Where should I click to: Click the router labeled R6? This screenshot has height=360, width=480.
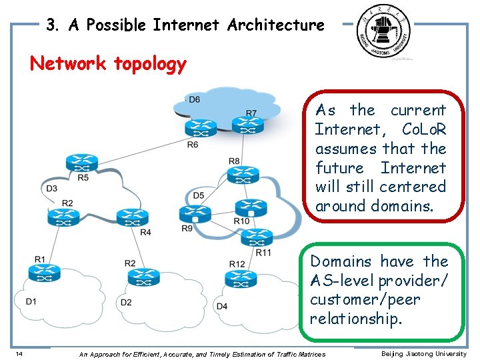tap(197, 127)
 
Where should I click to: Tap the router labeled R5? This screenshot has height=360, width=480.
tap(82, 162)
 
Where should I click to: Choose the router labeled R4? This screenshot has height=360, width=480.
tap(132, 217)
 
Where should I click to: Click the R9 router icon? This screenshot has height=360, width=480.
tap(195, 214)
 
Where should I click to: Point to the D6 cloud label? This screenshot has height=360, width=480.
tap(193, 100)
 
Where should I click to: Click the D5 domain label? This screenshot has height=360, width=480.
tap(198, 195)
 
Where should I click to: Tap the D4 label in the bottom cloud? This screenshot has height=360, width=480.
tap(223, 306)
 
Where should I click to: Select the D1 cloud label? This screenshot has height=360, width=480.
tap(31, 302)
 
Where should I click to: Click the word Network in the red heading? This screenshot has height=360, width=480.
tap(68, 64)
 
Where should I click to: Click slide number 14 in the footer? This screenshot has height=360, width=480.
tap(19, 353)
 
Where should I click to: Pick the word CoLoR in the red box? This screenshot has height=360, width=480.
tap(424, 129)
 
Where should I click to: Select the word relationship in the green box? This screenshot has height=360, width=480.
tap(356, 318)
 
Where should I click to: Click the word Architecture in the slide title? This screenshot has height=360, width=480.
tap(276, 25)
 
